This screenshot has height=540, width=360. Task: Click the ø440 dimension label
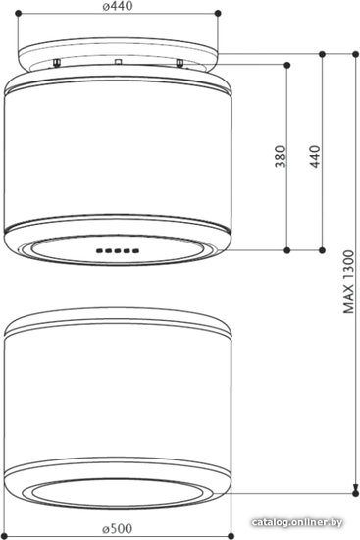[118, 6]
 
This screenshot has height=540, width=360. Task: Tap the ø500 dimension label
[118, 528]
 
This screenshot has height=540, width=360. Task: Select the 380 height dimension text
[281, 157]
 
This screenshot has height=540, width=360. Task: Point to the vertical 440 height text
[315, 157]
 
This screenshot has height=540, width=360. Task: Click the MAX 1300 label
[348, 282]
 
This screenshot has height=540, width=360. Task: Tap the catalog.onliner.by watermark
[297, 522]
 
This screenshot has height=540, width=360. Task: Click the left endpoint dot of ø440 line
[19, 13]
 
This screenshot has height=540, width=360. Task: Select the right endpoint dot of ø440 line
[218, 13]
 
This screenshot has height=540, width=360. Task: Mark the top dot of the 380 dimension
[287, 65]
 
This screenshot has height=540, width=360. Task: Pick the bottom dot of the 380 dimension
[287, 250]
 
